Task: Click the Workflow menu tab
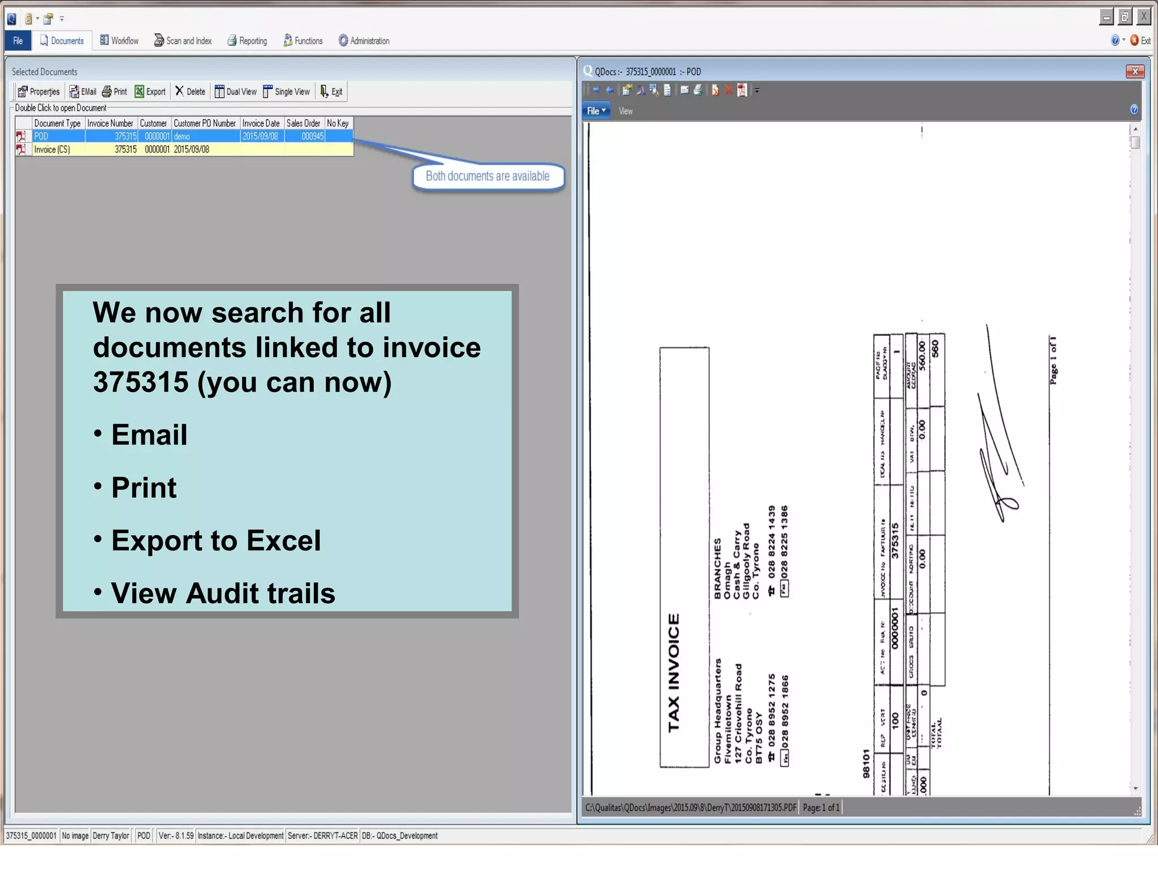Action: coord(119,41)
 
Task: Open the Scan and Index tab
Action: coord(183,41)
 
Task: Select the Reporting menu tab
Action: coord(247,41)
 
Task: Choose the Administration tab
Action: coord(364,41)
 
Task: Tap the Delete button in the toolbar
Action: coord(190,92)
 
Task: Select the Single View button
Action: coord(286,92)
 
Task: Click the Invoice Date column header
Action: coord(261,123)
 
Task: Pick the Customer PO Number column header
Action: coord(204,123)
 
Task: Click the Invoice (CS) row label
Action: coord(52,149)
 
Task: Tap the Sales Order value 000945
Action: coord(312,136)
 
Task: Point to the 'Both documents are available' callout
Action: coord(487,177)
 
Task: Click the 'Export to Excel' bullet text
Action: coord(216,540)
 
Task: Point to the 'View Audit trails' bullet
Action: coord(223,593)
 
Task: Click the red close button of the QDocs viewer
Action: coord(1135,71)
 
